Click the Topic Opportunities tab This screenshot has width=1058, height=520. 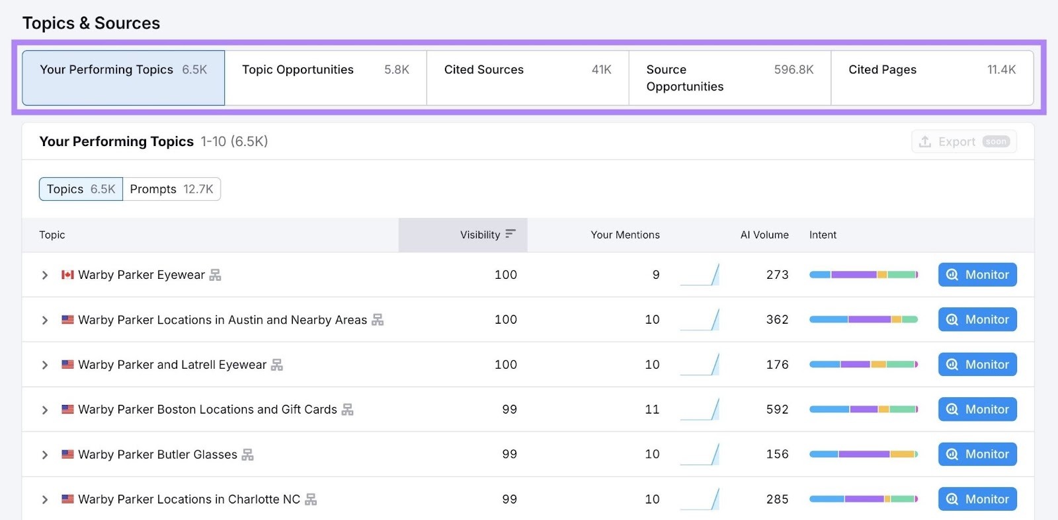coord(325,77)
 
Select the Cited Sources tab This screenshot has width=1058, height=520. coord(527,77)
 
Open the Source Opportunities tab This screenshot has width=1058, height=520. coord(729,78)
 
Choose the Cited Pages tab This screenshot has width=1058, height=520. coord(932,77)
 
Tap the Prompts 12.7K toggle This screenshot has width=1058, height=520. coord(171,189)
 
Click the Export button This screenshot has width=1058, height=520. coord(963,141)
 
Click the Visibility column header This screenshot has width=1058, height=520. coord(480,235)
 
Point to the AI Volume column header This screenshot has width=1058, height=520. coord(764,235)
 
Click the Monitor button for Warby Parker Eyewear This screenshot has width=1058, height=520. coord(977,275)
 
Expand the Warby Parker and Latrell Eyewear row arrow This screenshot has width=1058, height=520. coord(45,365)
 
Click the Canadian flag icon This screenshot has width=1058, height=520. coord(67,275)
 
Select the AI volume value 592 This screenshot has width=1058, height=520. coord(777,410)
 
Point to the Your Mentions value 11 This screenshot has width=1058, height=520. coord(652,410)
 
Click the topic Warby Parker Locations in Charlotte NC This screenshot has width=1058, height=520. coord(189,500)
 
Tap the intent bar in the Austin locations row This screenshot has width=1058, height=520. coord(863,320)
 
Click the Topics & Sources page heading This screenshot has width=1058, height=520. coord(91,23)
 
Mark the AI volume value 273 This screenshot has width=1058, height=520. coord(777,275)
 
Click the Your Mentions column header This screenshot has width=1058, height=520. coord(625,235)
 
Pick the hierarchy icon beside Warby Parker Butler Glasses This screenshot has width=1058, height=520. coord(248,455)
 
